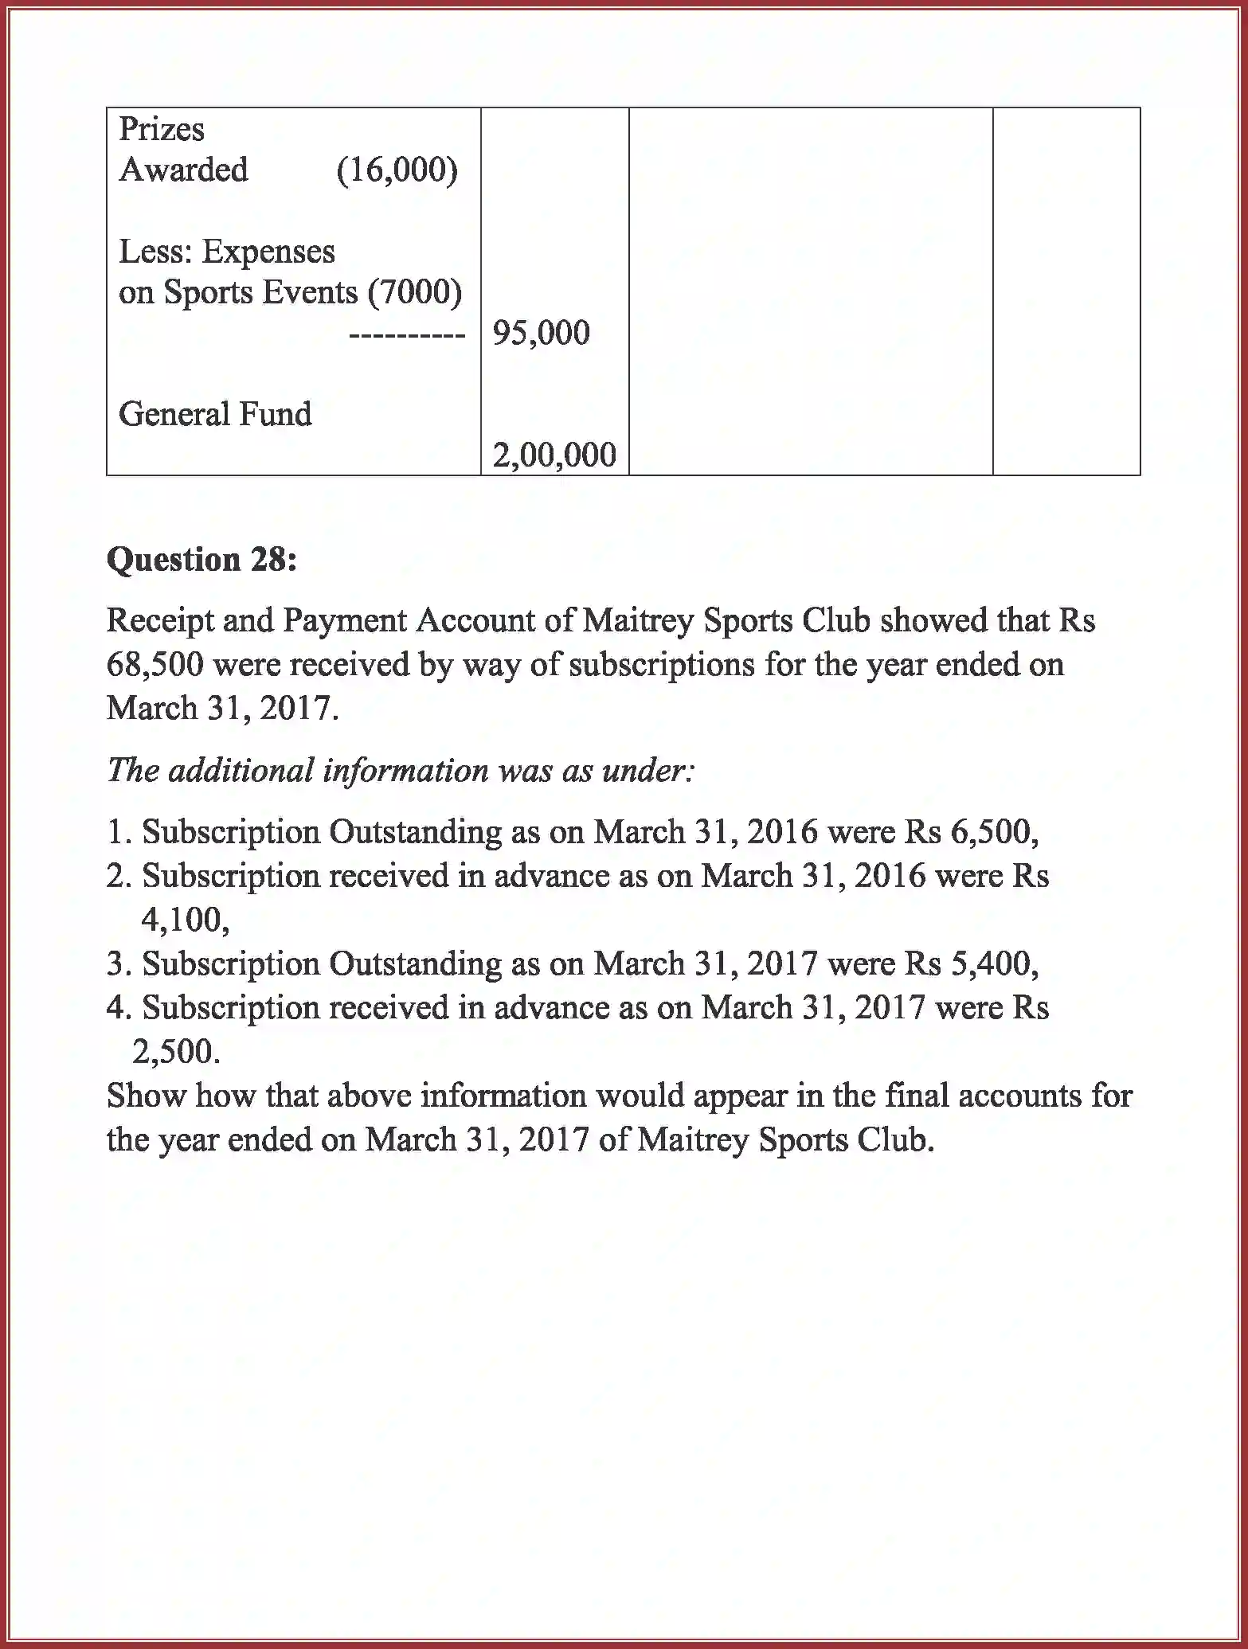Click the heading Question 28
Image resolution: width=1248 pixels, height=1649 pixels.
[x=201, y=560]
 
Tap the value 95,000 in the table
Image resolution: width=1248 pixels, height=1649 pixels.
[x=541, y=333]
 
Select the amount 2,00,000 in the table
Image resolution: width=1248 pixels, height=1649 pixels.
[x=554, y=455]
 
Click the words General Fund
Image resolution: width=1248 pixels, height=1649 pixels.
[x=215, y=414]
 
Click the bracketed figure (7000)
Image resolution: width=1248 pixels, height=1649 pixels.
[x=414, y=292]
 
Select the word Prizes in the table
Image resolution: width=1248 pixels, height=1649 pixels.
[x=162, y=129]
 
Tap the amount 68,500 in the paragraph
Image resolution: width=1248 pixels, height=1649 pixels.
[x=155, y=664]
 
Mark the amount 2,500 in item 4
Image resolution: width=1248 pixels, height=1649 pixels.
[x=175, y=1052]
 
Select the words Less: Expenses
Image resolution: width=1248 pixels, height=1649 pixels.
[x=227, y=252]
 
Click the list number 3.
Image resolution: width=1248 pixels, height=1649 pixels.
[x=116, y=964]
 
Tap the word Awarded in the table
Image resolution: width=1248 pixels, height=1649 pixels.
[x=183, y=170]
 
